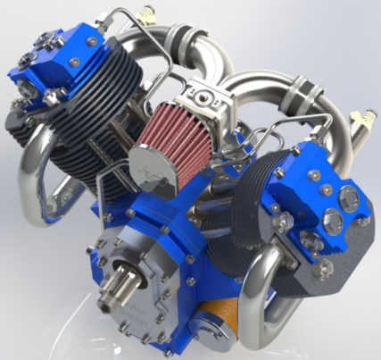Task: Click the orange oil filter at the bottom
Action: coord(224,318)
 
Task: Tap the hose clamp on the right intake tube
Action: coord(307,89)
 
